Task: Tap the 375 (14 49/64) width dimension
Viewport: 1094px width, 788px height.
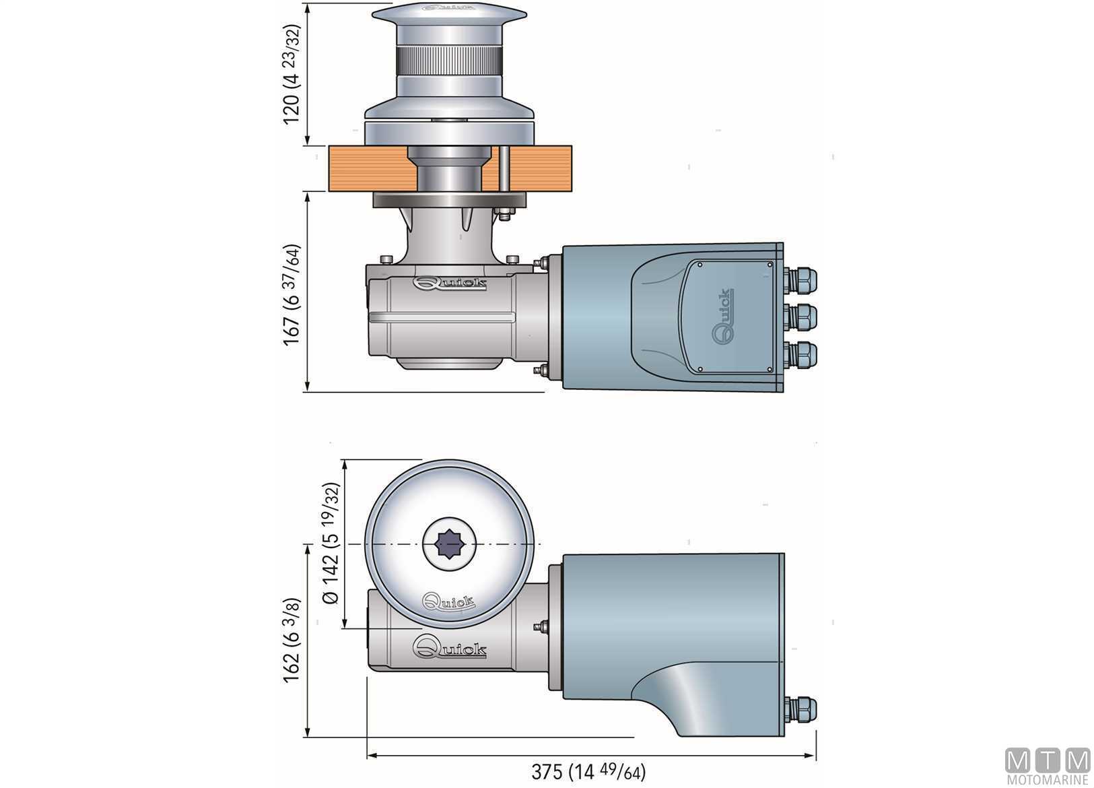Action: pyautogui.click(x=588, y=772)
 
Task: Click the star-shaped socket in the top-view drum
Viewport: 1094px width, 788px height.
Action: pyautogui.click(x=449, y=544)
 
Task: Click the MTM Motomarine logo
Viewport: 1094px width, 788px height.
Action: pyautogui.click(x=1047, y=766)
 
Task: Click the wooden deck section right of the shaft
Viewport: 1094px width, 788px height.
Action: pyautogui.click(x=541, y=168)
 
